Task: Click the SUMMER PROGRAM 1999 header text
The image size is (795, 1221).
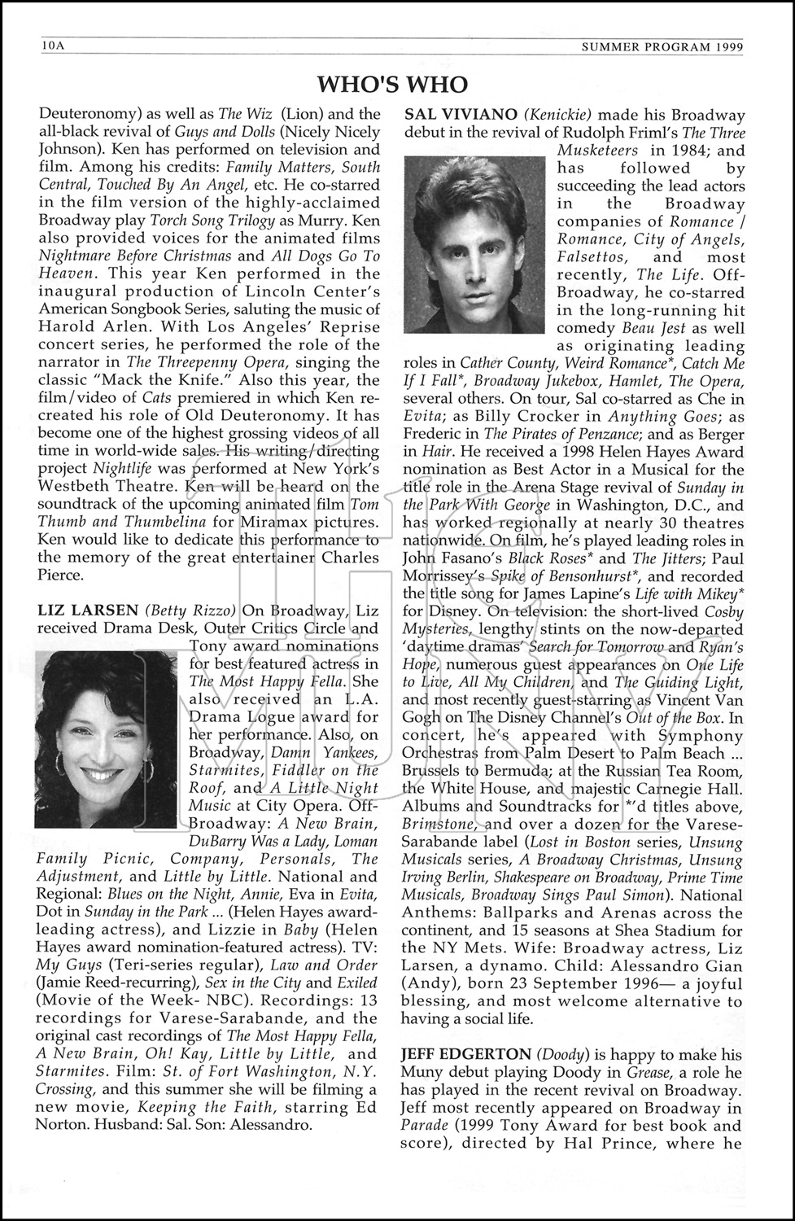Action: pos(662,47)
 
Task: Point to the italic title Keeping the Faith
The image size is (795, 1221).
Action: pos(209,1108)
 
